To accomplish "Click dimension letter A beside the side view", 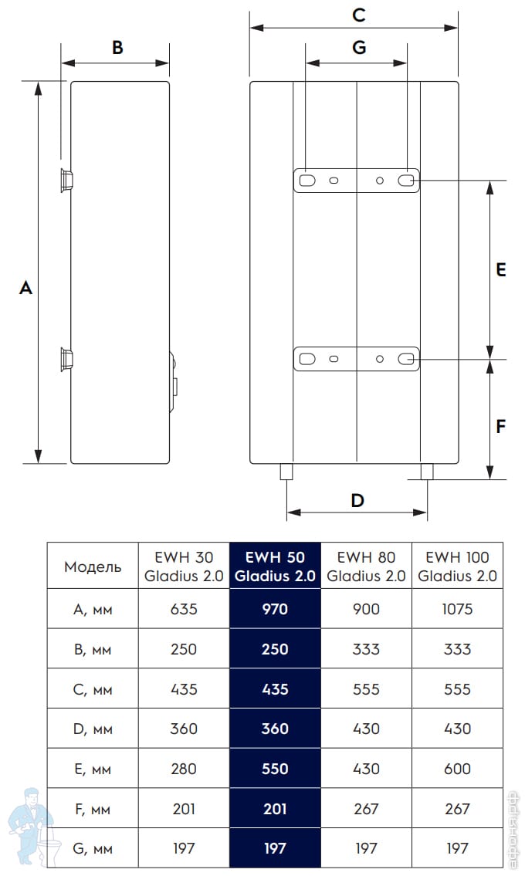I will [x=25, y=288].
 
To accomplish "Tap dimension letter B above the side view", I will [x=117, y=48].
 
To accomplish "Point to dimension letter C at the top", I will [x=357, y=15].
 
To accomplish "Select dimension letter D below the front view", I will [x=357, y=500].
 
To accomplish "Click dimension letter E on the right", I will [x=500, y=269].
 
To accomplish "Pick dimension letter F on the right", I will [x=500, y=425].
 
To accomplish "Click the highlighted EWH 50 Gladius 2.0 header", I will [x=275, y=567].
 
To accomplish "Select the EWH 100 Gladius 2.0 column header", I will [x=457, y=567].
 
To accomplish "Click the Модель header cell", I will [x=93, y=567].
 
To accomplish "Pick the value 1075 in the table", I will [x=457, y=609].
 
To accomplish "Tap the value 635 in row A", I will [x=184, y=609].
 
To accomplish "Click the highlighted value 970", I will [x=275, y=609].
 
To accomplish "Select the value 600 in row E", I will [x=457, y=769].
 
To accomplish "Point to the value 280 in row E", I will [x=184, y=769].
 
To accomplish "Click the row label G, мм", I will [x=93, y=849].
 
